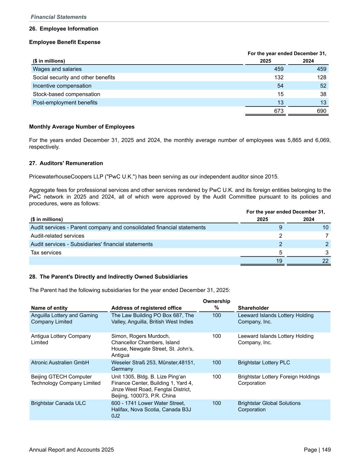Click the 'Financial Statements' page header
[58, 17]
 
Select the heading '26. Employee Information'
[63, 29]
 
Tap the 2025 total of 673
[279, 111]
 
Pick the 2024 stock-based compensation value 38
[323, 94]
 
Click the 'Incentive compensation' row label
[62, 86]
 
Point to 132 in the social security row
[279, 77]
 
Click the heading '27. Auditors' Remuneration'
[66, 163]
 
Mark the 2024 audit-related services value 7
[327, 236]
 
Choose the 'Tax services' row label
[46, 253]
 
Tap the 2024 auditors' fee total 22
[325, 261]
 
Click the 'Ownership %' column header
[216, 304]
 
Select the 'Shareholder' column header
[253, 308]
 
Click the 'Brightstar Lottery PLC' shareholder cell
[264, 363]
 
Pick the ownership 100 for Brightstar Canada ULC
[216, 403]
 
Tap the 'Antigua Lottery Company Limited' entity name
[61, 339]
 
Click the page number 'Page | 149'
[317, 450]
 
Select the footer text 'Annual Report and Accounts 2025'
[71, 450]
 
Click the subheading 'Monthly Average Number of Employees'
[82, 127]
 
